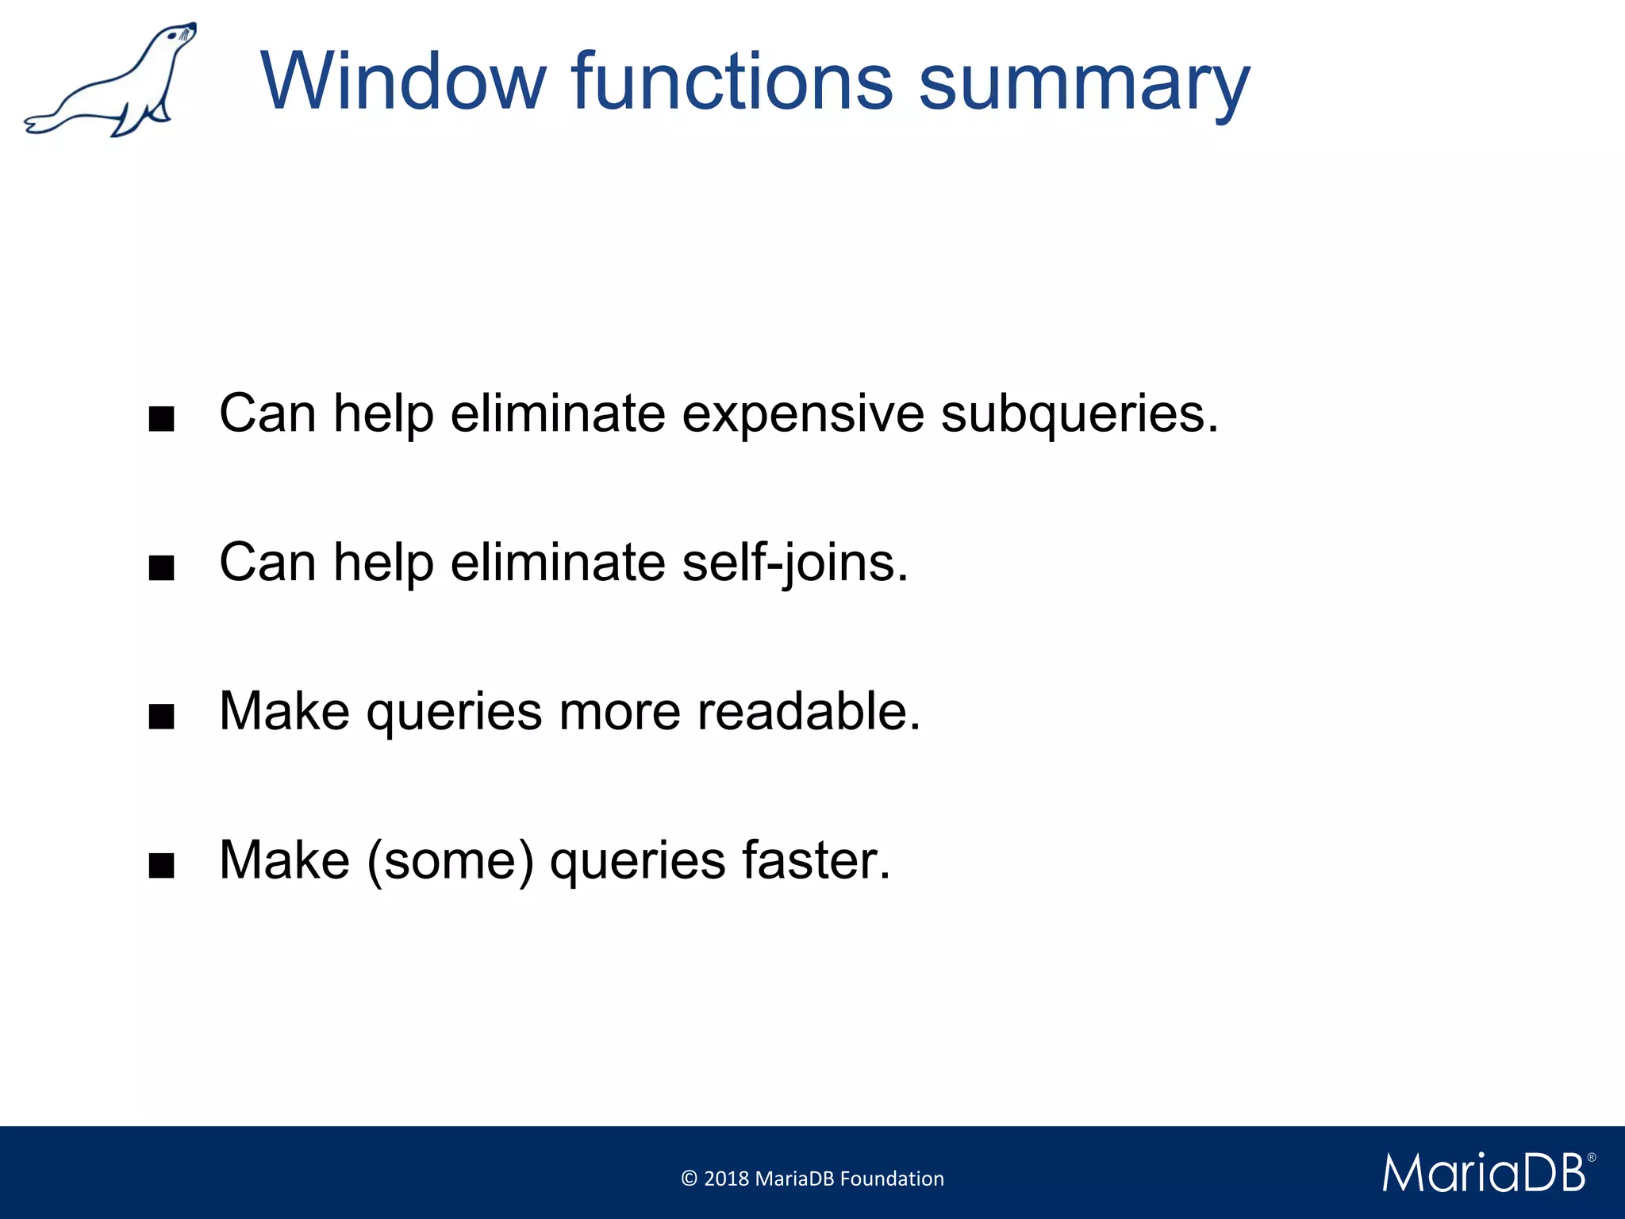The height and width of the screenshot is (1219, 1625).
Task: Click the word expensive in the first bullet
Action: pyautogui.click(x=802, y=415)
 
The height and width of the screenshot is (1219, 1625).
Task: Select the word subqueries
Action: pyautogui.click(x=1078, y=415)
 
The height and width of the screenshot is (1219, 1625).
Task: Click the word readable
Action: pyautogui.click(x=809, y=711)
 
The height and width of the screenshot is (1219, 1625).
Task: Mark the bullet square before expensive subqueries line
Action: pyautogui.click(x=162, y=419)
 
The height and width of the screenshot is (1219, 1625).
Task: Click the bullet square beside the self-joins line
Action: pyautogui.click(x=162, y=568)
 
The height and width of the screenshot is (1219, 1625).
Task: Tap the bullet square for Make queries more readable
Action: pyautogui.click(x=162, y=717)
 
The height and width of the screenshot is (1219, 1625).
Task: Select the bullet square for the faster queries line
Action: pyautogui.click(x=162, y=866)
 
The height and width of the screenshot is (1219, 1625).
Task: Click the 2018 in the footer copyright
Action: pyautogui.click(x=726, y=1179)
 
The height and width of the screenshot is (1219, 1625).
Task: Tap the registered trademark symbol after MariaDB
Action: pyautogui.click(x=1591, y=1158)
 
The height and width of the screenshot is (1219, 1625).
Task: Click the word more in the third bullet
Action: pyautogui.click(x=619, y=711)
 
